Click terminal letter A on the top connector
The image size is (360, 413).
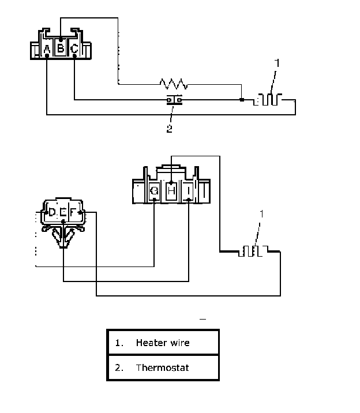click(x=47, y=49)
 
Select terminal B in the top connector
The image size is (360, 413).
click(x=61, y=48)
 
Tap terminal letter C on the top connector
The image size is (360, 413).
click(x=74, y=48)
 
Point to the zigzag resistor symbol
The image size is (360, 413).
click(x=174, y=84)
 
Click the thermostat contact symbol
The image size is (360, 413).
click(x=174, y=100)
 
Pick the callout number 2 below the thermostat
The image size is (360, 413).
click(x=170, y=129)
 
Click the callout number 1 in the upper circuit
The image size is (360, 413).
click(x=277, y=63)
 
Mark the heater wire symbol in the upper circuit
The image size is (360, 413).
click(x=268, y=99)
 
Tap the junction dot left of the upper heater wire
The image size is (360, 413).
click(x=242, y=100)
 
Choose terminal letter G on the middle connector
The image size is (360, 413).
click(x=154, y=190)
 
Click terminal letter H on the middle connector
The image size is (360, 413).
click(x=171, y=190)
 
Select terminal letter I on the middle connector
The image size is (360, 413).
click(x=189, y=190)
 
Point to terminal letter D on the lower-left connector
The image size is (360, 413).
click(x=52, y=212)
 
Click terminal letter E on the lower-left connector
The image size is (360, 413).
click(x=63, y=212)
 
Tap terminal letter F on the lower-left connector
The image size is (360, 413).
click(x=73, y=212)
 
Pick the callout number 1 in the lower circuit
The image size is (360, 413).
click(x=261, y=214)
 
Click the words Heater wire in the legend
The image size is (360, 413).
click(x=163, y=343)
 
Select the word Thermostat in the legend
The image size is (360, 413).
click(x=162, y=367)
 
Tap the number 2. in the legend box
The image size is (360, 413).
click(x=119, y=367)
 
